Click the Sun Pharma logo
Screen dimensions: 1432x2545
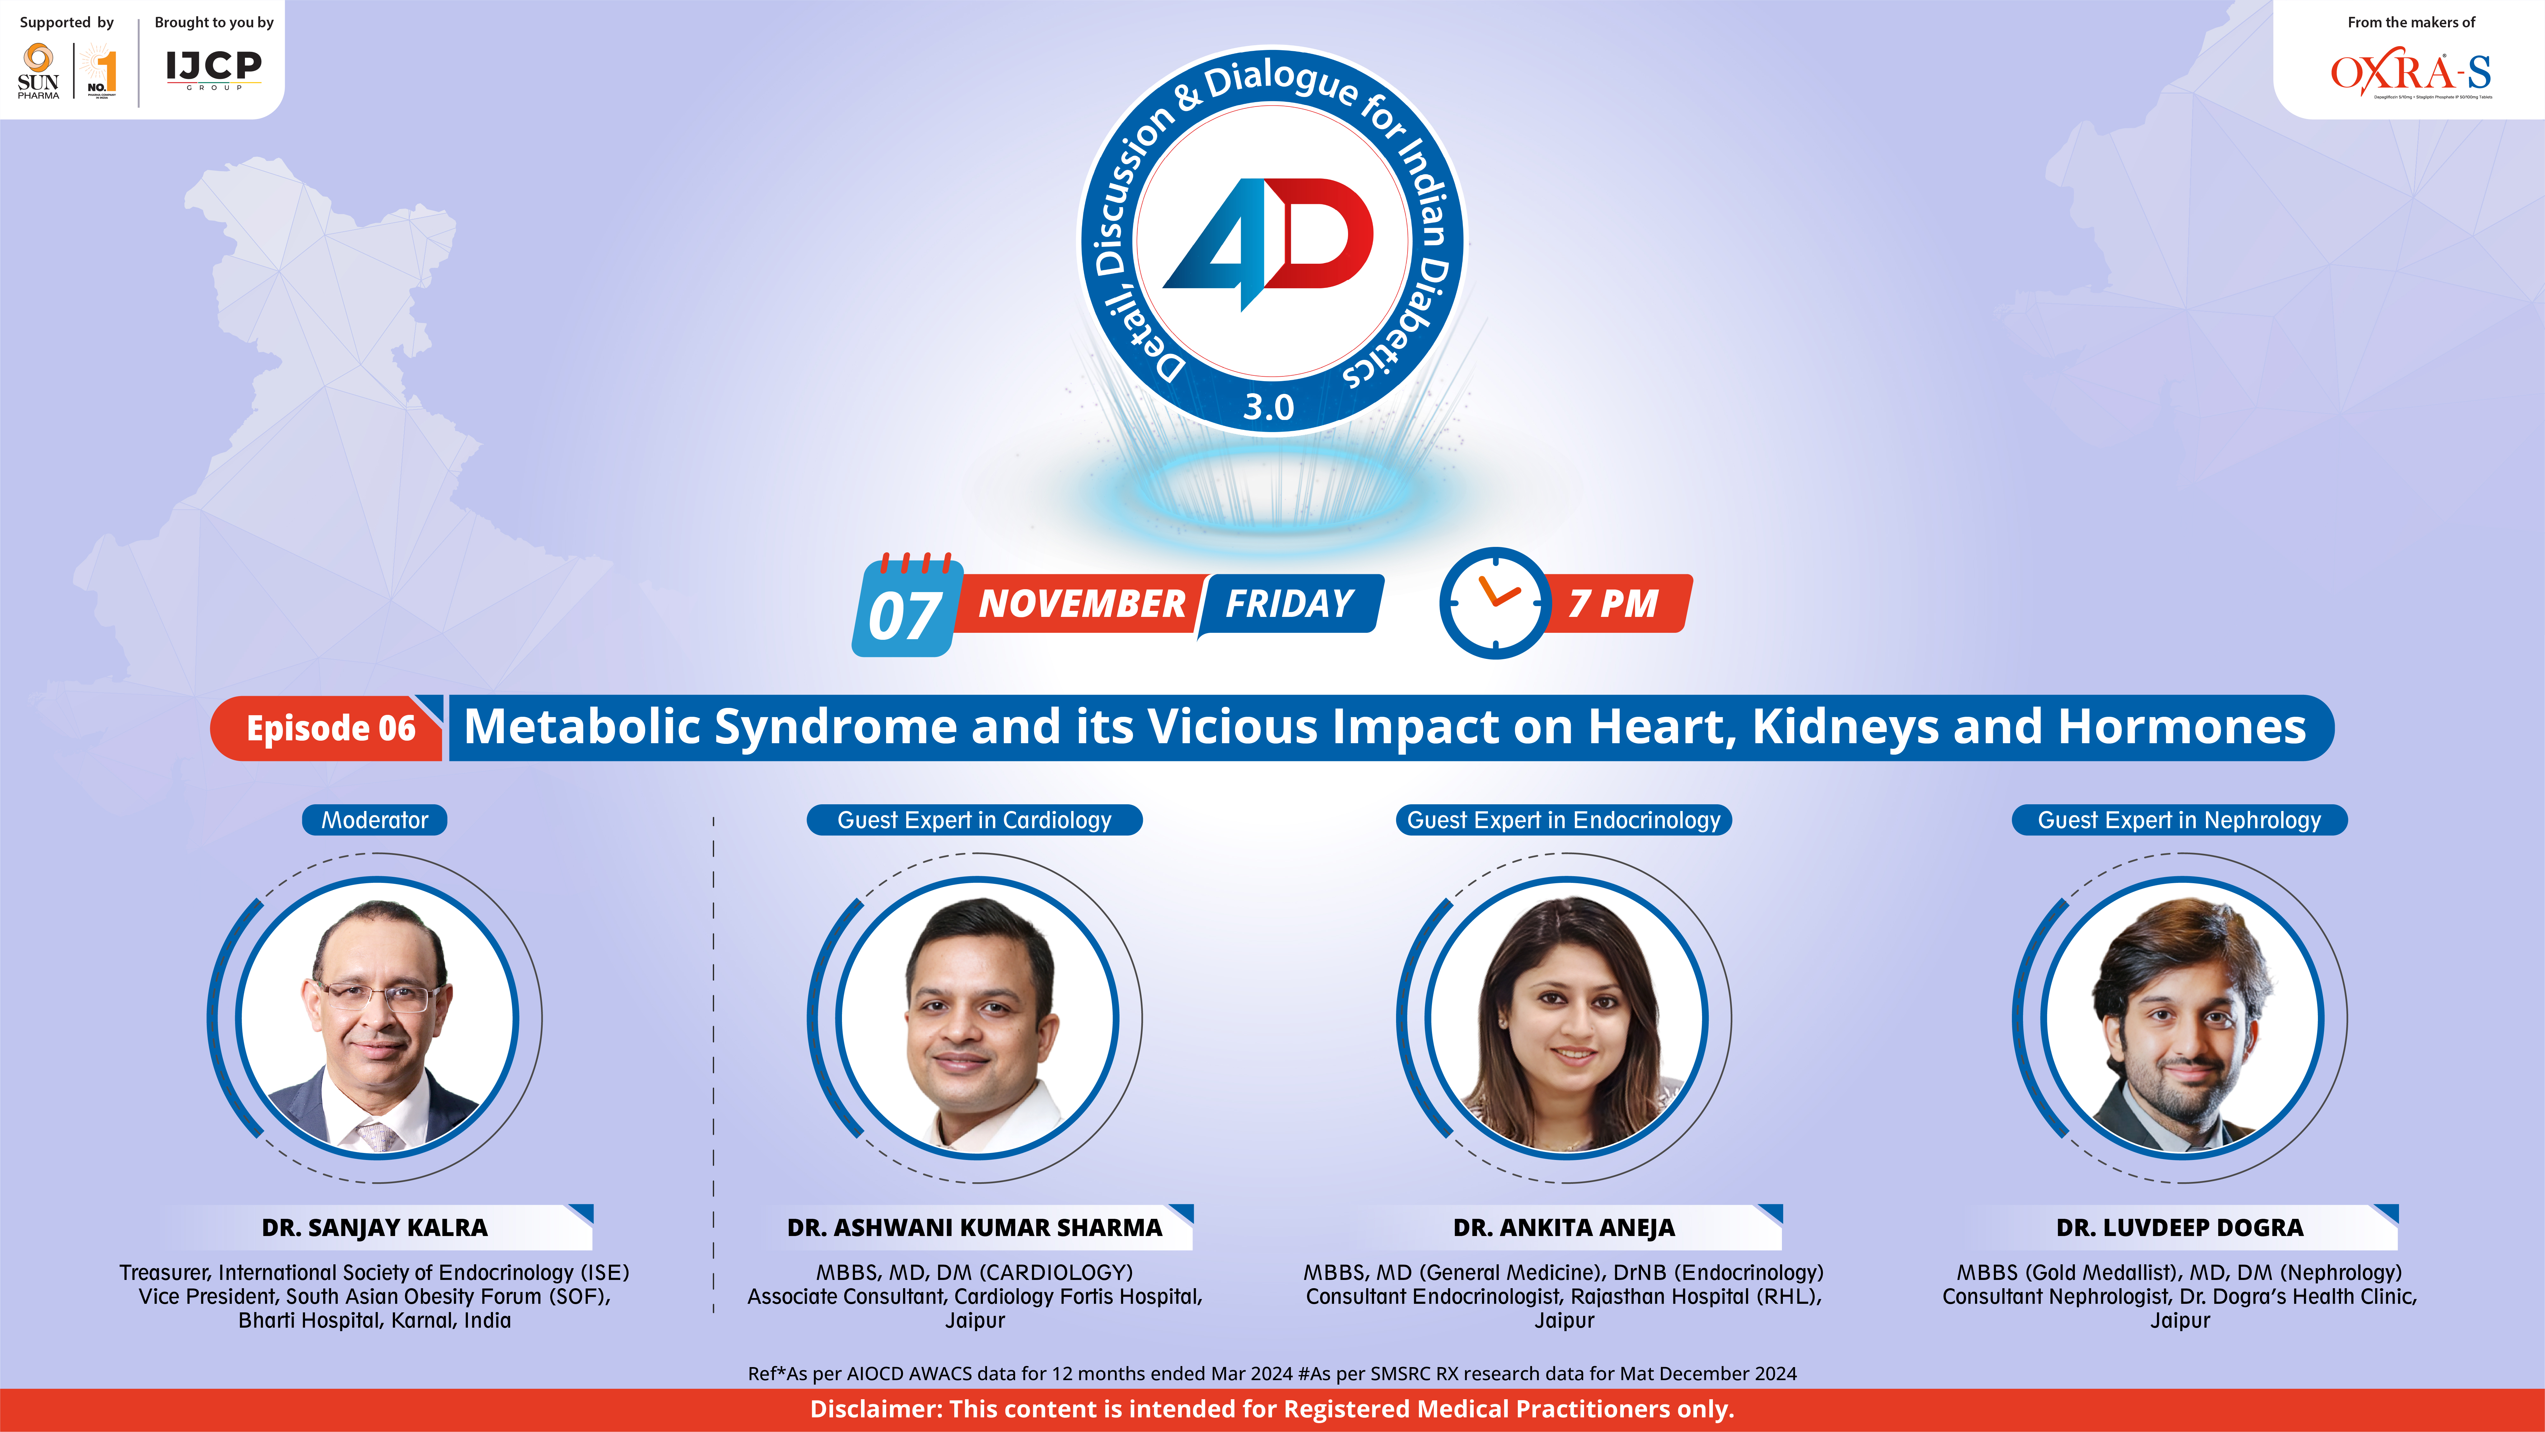(38, 71)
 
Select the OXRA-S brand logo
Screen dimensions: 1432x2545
(2411, 74)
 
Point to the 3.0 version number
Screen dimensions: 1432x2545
(1269, 406)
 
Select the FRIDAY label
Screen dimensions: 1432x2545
(1289, 603)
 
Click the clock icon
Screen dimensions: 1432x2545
(1495, 602)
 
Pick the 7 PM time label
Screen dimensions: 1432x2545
(1613, 603)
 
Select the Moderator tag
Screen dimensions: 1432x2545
(374, 820)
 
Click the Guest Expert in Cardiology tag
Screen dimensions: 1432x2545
(974, 820)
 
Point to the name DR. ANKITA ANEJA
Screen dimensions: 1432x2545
(1564, 1227)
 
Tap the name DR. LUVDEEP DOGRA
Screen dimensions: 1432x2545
(2180, 1227)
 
